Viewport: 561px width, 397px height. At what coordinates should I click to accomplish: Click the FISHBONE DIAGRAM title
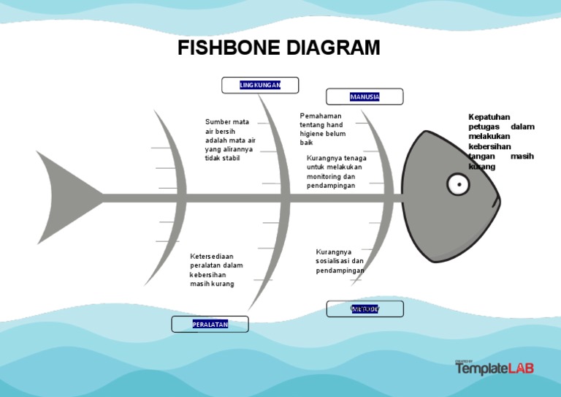(x=279, y=48)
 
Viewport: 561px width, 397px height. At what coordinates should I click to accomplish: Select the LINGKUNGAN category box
(x=260, y=86)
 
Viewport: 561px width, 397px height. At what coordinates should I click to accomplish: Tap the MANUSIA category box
(x=365, y=97)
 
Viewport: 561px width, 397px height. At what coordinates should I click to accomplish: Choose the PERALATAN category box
(x=210, y=324)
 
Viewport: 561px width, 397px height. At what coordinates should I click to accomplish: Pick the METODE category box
(x=365, y=309)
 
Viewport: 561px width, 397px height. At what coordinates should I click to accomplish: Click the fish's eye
(x=458, y=184)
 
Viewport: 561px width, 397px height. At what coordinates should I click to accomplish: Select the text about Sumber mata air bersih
(x=230, y=140)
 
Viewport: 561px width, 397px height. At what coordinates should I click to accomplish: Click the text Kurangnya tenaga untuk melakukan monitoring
(x=336, y=172)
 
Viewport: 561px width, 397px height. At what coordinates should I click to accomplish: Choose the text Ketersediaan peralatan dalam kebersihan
(x=216, y=270)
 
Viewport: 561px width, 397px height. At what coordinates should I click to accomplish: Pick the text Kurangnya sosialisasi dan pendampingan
(x=340, y=261)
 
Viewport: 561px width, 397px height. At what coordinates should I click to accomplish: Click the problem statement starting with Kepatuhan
(x=500, y=142)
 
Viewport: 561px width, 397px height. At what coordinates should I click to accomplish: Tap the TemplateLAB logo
(x=495, y=368)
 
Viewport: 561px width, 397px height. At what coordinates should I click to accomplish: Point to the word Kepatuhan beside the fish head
(x=489, y=117)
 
